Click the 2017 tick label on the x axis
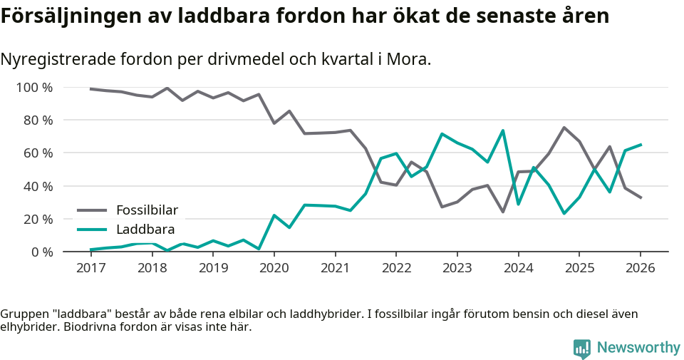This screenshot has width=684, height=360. (x=91, y=268)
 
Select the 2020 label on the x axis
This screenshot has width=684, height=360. (x=274, y=268)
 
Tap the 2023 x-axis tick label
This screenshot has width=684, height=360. (x=457, y=268)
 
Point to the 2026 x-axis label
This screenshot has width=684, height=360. (x=640, y=268)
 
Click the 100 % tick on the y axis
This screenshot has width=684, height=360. (x=34, y=88)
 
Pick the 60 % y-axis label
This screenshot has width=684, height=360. (x=38, y=153)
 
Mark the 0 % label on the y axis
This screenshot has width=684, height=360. (x=41, y=252)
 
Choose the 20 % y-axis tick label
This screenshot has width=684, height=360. (x=38, y=219)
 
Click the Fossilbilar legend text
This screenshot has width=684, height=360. (x=147, y=210)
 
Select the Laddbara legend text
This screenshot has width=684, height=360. (x=145, y=230)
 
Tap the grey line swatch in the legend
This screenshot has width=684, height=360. (x=92, y=210)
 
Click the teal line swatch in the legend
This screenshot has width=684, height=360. (x=92, y=230)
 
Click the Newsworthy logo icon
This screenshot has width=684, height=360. (x=581, y=348)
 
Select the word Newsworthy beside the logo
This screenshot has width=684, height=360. (x=638, y=348)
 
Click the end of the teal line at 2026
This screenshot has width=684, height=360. (x=640, y=145)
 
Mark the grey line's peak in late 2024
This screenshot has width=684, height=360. (x=564, y=128)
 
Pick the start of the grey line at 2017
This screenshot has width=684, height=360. (x=91, y=88)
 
